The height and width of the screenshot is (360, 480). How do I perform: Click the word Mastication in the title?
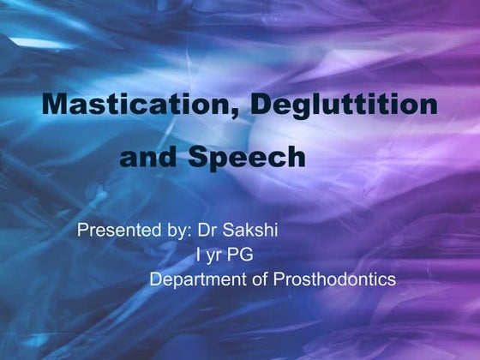tap(141, 105)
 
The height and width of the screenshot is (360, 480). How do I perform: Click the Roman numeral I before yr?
tap(199, 255)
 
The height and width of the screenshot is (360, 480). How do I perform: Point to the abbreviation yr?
tap(213, 256)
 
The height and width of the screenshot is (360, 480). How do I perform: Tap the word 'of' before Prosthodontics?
tap(254, 279)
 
